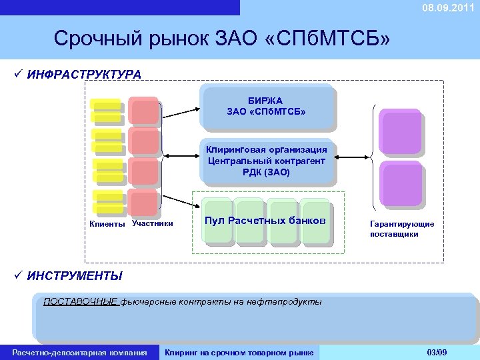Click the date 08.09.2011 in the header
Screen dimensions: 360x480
(447, 7)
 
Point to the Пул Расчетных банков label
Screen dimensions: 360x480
(265, 221)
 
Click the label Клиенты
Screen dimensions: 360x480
(107, 224)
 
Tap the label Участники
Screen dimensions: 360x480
(153, 223)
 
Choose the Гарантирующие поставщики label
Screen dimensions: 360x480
(402, 229)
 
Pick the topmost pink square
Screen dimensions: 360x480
(144, 111)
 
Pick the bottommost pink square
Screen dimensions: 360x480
(144, 203)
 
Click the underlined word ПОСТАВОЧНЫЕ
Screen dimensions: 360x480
(81, 302)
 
